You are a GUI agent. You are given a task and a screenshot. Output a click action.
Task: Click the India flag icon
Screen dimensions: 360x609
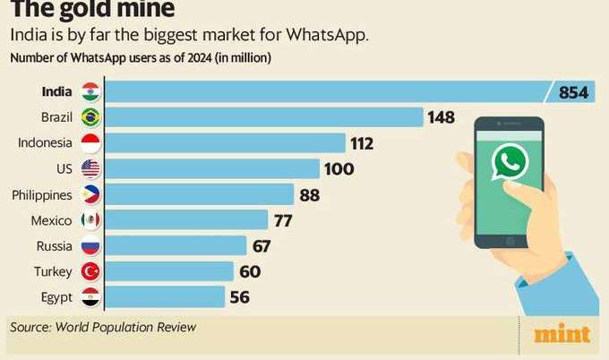coord(90,91)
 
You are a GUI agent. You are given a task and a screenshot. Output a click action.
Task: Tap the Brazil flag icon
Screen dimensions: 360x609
coord(90,117)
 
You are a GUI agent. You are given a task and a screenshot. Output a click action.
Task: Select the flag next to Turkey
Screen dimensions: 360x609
coord(90,271)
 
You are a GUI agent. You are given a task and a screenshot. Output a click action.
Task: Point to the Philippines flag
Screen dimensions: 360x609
coord(90,194)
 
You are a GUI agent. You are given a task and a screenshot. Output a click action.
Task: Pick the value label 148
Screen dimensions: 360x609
coord(441,117)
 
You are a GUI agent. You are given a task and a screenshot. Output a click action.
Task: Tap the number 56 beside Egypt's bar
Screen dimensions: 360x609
coord(239,297)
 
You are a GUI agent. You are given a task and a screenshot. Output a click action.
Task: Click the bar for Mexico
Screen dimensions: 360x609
coord(189,220)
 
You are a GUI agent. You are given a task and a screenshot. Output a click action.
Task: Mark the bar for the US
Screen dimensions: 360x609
coord(215,168)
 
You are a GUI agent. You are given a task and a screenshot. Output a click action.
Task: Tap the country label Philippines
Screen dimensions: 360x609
coord(42,194)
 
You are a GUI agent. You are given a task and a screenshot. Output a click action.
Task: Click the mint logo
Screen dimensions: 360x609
coord(562,334)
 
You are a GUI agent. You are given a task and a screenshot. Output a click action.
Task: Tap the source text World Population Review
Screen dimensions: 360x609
coord(125,328)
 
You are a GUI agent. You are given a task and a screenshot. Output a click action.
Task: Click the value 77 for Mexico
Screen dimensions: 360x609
coord(283,220)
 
